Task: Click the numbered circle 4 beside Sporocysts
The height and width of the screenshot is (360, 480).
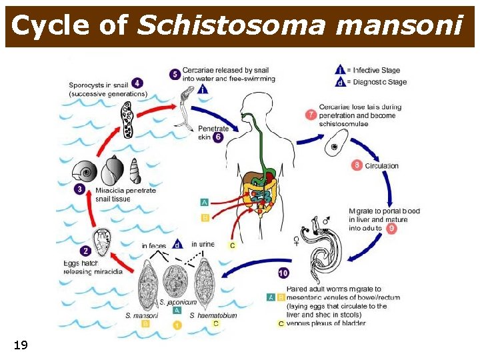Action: [137, 83]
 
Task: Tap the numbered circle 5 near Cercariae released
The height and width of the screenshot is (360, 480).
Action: [175, 74]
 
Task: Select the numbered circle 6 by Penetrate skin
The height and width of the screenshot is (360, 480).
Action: [218, 137]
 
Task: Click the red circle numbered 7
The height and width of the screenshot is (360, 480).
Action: [311, 115]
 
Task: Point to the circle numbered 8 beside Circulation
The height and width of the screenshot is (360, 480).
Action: [357, 165]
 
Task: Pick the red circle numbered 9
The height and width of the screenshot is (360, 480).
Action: [391, 228]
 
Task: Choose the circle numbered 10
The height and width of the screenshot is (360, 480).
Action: [283, 273]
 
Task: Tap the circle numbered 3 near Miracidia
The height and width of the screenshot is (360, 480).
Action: [80, 189]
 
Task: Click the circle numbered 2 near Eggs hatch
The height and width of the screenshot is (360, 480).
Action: [85, 251]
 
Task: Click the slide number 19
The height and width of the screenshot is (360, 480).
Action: [21, 345]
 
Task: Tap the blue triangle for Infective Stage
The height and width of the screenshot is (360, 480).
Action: [341, 69]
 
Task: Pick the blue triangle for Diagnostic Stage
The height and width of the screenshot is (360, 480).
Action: [341, 83]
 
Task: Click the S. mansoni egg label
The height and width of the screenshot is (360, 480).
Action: [141, 315]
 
